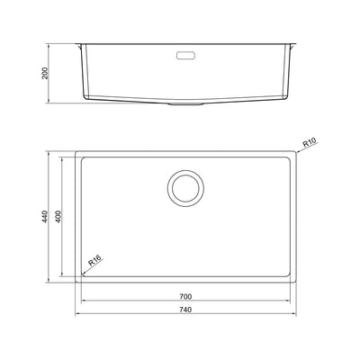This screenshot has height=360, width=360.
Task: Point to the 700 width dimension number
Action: click(x=185, y=295)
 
